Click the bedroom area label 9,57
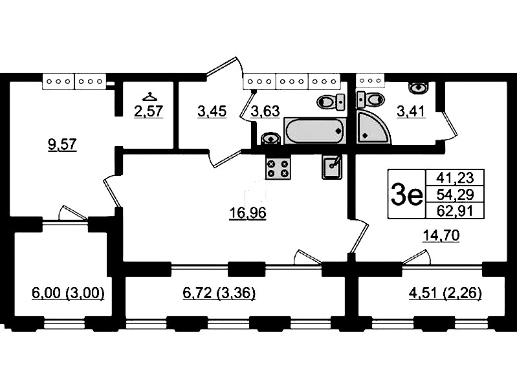coord(62,144)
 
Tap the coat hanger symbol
coord(149,96)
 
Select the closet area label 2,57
coord(149,111)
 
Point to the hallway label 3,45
coord(212,111)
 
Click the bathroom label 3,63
coord(265,111)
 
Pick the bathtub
coord(315,131)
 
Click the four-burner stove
coord(278,167)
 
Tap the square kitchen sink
coord(332,167)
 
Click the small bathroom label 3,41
coord(411,111)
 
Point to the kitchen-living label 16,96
coord(248,213)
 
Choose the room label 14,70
coord(441,235)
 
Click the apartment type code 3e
coord(406,194)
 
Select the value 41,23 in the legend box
coord(455,178)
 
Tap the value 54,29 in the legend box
coord(455,194)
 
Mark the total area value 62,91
coord(455,210)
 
